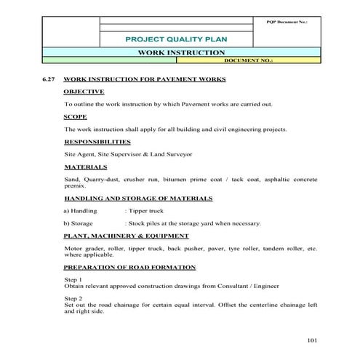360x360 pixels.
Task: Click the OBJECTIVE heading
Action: click(x=84, y=92)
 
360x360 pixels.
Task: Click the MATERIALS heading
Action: click(x=86, y=167)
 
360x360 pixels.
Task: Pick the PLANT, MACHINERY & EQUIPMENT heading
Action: click(x=127, y=236)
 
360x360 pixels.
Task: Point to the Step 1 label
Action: click(x=73, y=279)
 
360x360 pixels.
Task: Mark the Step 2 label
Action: click(x=73, y=298)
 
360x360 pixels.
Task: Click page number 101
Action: click(x=313, y=340)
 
